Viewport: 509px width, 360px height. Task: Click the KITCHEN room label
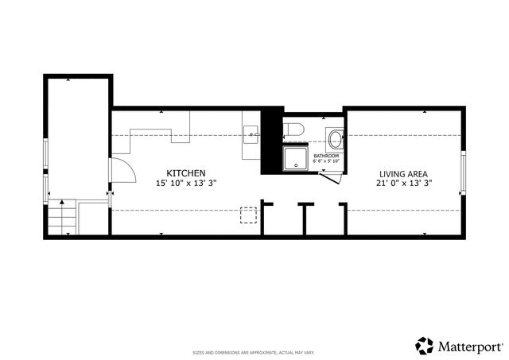tap(186, 173)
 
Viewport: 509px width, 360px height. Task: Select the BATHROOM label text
tap(326, 156)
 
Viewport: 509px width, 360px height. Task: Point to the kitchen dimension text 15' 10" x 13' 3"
tap(186, 183)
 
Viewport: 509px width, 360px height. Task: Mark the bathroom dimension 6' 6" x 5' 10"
tap(326, 161)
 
